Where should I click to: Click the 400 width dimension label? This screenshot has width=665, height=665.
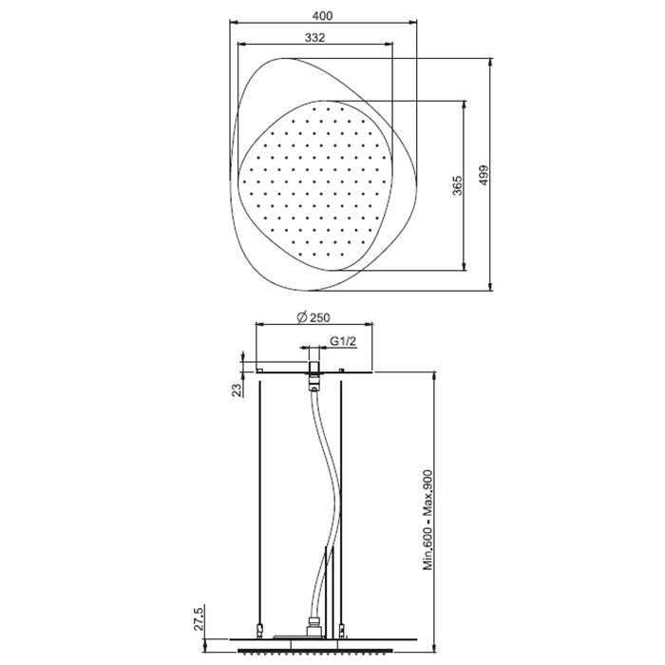(322, 16)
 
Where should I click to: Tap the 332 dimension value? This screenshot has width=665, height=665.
(315, 38)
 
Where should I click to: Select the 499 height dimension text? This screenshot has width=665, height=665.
(484, 175)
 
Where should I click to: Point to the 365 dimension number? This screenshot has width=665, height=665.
(457, 185)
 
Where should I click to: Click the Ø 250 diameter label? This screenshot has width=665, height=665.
(313, 317)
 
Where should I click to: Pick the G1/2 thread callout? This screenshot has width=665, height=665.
(343, 341)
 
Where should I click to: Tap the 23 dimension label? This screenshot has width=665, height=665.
(237, 389)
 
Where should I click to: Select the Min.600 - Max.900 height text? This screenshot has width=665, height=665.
(427, 520)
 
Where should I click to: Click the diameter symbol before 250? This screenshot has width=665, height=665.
(302, 317)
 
